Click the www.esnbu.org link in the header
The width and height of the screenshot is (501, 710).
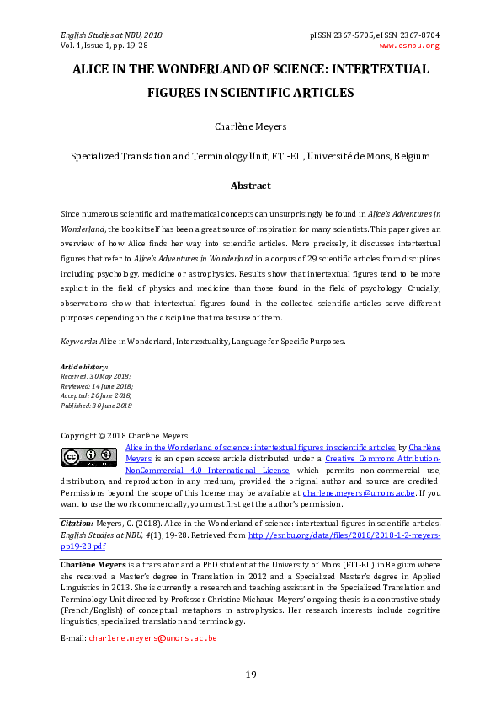[x=410, y=46]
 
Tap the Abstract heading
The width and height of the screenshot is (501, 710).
[x=250, y=186]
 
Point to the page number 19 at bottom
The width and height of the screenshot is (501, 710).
[x=250, y=674]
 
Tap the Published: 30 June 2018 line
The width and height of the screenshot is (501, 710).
[x=97, y=406]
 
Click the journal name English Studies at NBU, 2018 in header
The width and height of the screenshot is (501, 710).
[x=111, y=35]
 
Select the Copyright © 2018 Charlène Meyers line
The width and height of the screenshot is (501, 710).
[x=125, y=435]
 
